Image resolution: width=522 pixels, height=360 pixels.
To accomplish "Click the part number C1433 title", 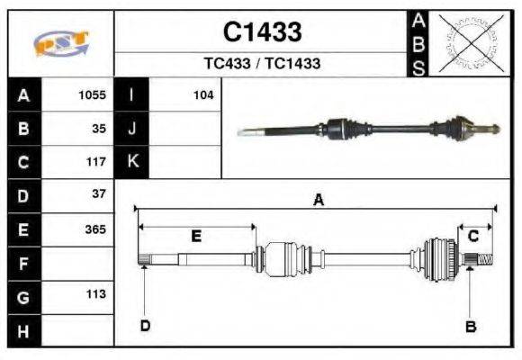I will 262,32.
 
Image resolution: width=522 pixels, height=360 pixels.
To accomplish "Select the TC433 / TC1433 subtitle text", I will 262,65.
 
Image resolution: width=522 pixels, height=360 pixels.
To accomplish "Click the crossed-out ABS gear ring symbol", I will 469,43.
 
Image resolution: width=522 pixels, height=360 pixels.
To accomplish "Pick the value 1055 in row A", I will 93,94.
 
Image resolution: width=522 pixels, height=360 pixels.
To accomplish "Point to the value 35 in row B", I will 99,128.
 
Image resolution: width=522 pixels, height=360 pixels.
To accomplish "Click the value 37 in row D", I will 99,194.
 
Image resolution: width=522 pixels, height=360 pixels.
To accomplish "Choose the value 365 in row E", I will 95,229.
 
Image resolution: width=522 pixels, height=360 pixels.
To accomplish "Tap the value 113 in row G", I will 95,294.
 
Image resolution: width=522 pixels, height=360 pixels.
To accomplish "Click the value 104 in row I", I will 202,94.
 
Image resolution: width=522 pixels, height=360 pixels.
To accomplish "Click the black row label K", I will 132,162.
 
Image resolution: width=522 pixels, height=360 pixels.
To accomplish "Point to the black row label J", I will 132,129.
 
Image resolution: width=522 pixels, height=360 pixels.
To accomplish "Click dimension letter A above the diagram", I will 317,201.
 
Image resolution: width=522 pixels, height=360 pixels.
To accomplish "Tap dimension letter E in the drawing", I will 196,236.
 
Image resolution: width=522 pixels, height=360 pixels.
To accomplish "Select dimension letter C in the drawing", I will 472,236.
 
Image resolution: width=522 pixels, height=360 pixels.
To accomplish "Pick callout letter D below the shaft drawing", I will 144,326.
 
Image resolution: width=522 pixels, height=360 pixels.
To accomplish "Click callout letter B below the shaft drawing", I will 470,327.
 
